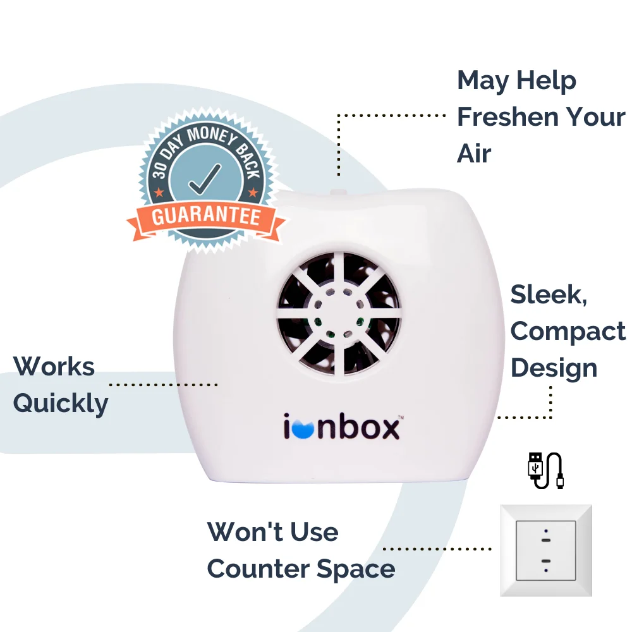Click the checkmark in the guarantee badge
(205, 179)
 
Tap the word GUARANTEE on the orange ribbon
(206, 216)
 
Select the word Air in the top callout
(474, 154)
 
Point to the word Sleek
(549, 295)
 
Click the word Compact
(568, 332)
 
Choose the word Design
(554, 368)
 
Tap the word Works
(54, 367)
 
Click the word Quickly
(61, 404)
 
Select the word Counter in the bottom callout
(258, 569)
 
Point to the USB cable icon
(546, 470)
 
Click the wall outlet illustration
(546, 550)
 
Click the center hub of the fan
(339, 313)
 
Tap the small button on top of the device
(338, 192)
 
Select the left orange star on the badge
(159, 192)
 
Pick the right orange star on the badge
(253, 192)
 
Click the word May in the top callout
(483, 82)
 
